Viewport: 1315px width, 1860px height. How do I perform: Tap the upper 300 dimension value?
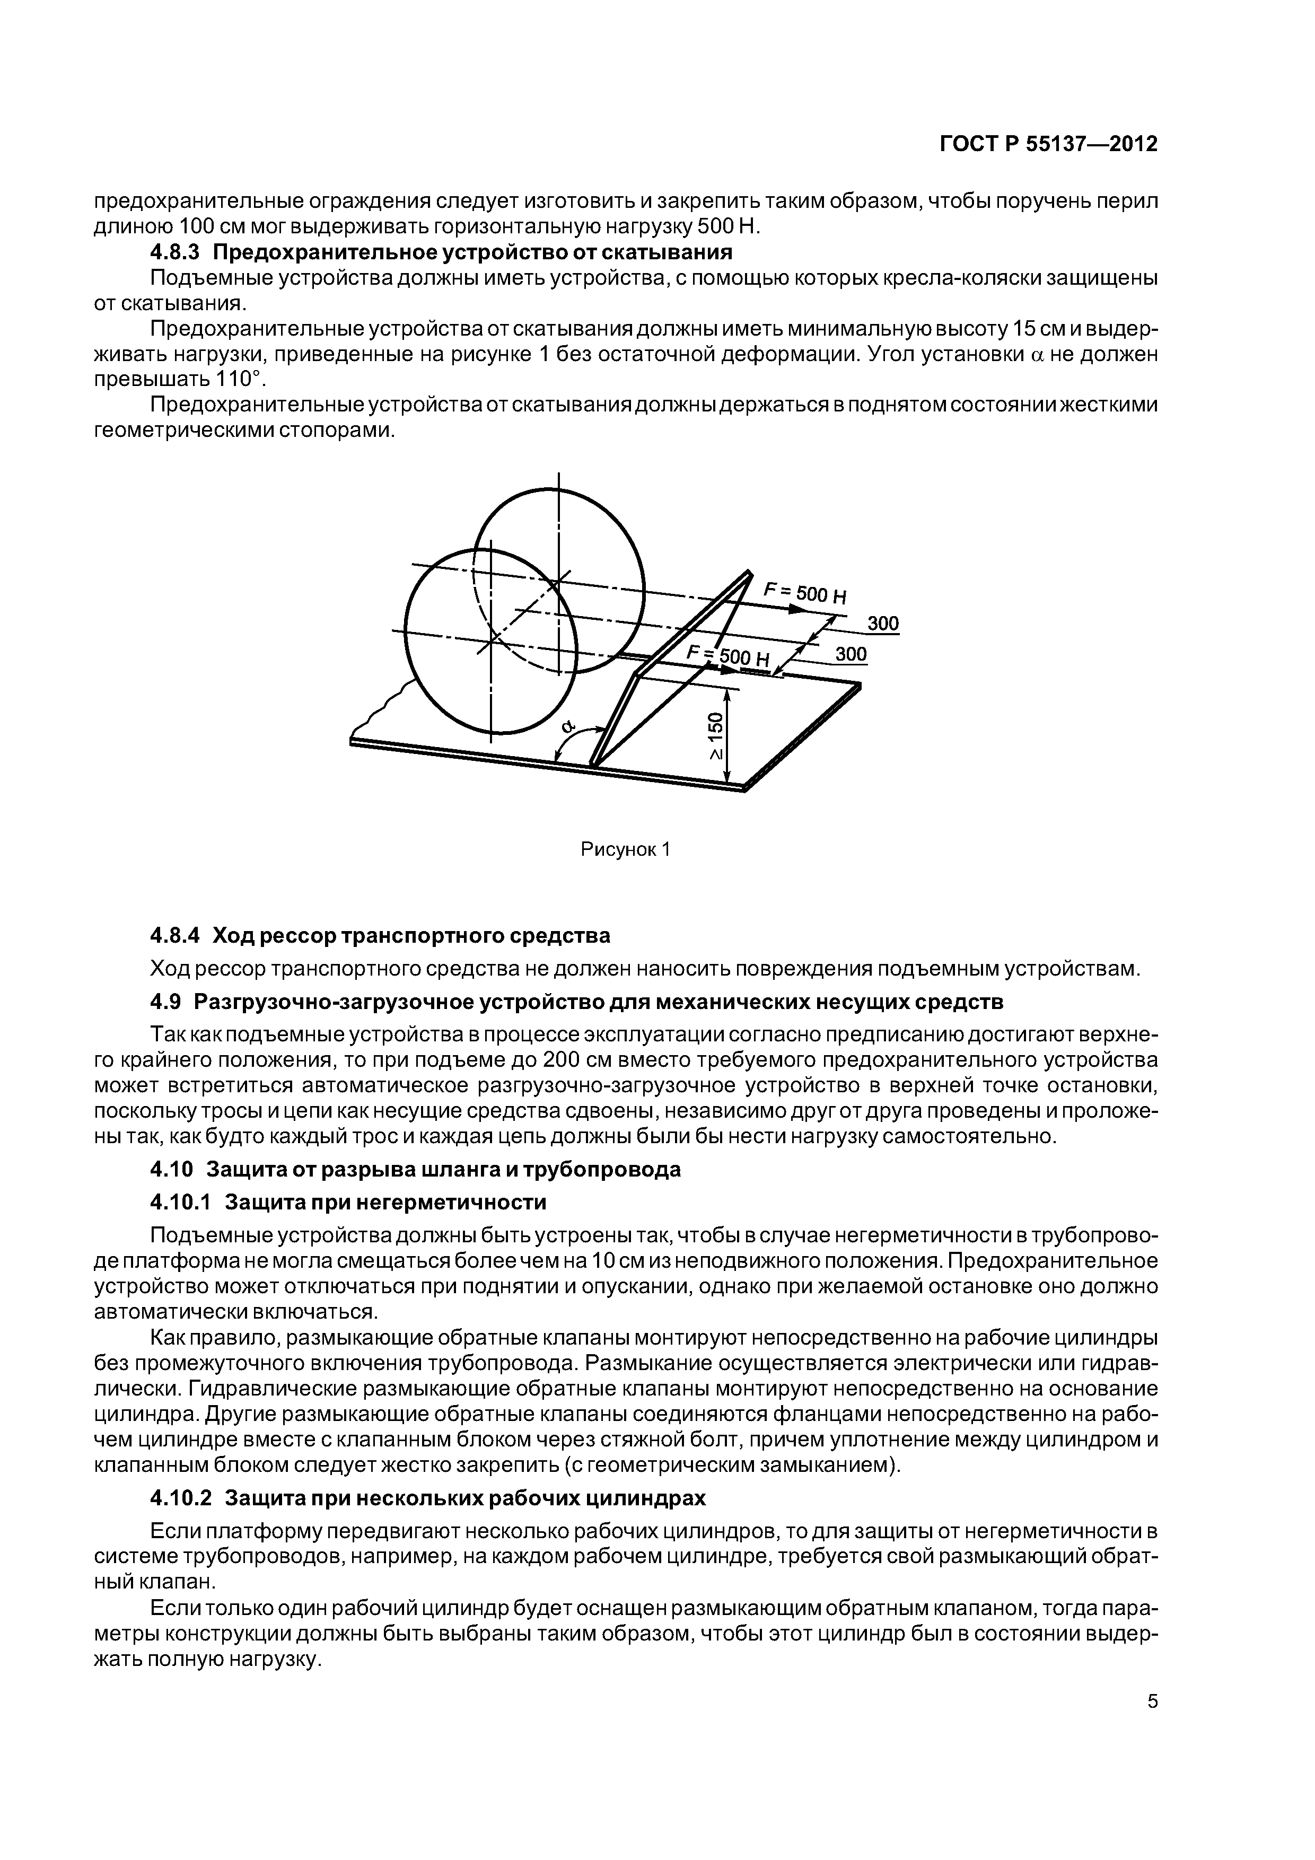click(x=883, y=623)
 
